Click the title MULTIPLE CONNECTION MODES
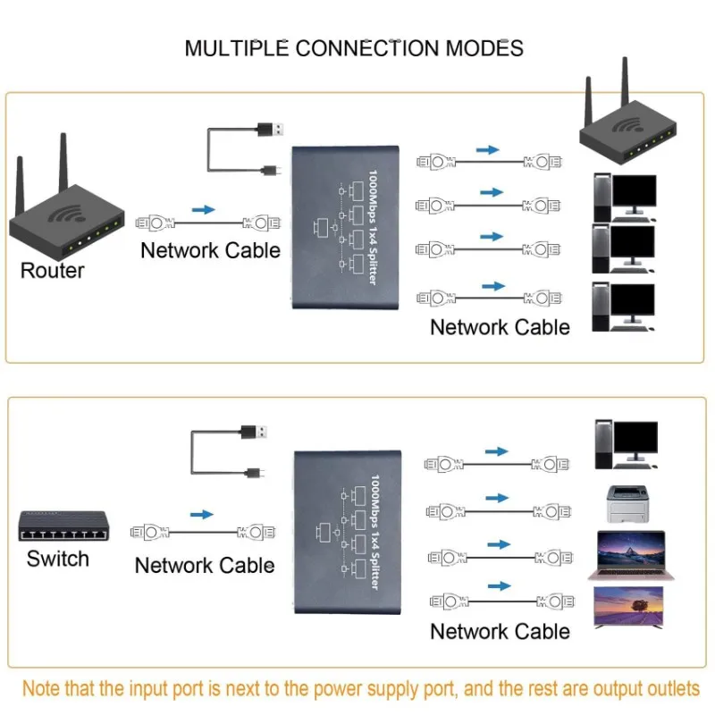pyautogui.click(x=354, y=47)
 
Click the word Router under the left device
pyautogui.click(x=53, y=271)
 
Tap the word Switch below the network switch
pyautogui.click(x=58, y=559)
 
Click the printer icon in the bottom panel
pyautogui.click(x=626, y=506)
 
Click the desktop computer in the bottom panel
pyautogui.click(x=626, y=444)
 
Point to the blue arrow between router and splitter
pyautogui.click(x=204, y=210)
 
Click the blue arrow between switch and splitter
pyautogui.click(x=203, y=515)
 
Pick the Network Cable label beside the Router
pyautogui.click(x=210, y=250)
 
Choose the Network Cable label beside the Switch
pyautogui.click(x=205, y=566)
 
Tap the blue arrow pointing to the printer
pyautogui.click(x=498, y=498)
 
